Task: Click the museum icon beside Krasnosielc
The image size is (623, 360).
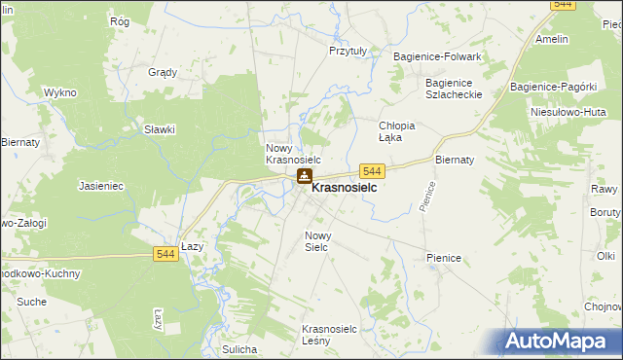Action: [305, 176]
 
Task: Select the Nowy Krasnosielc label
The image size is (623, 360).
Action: [293, 153]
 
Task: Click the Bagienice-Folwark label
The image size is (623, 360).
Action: [438, 57]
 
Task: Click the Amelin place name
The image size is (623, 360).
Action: [552, 40]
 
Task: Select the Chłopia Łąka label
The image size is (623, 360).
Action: [397, 131]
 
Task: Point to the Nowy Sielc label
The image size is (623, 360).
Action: [323, 241]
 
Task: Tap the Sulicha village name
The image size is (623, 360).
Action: [238, 348]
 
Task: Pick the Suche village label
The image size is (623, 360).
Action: [31, 302]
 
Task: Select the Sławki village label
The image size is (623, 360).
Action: [159, 129]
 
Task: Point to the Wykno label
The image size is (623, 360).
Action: [59, 92]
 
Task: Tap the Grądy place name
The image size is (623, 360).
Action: [163, 72]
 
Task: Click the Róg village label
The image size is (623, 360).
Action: [121, 21]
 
